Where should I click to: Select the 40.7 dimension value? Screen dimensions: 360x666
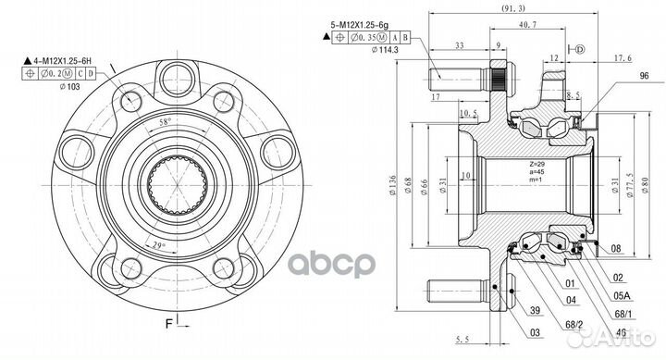[529, 25]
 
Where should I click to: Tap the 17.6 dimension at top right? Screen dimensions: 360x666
[624, 57]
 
